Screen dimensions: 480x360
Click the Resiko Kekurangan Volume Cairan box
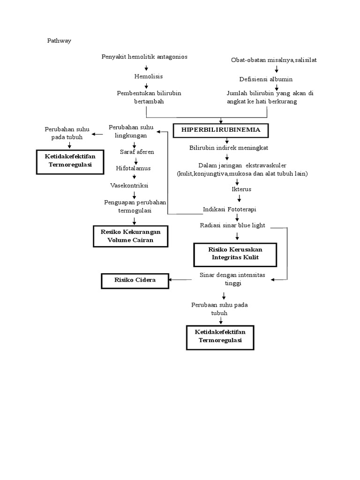pyautogui.click(x=130, y=236)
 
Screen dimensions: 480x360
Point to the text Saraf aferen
pyautogui.click(x=137, y=152)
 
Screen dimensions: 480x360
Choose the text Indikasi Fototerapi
pyautogui.click(x=229, y=209)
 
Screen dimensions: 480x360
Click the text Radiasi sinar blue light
pyautogui.click(x=232, y=225)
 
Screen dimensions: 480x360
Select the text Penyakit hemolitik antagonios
pyautogui.click(x=144, y=57)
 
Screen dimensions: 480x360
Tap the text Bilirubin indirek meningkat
pyautogui.click(x=228, y=148)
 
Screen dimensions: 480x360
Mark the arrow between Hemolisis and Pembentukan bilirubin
pyautogui.click(x=146, y=85)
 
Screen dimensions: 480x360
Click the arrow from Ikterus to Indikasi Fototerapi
pyautogui.click(x=239, y=199)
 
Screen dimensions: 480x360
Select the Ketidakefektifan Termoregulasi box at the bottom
pyautogui.click(x=220, y=336)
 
